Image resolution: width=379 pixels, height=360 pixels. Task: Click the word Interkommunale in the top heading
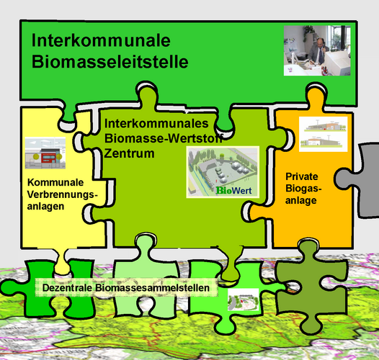[x=101, y=40]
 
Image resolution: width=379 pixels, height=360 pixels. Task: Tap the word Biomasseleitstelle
[x=110, y=61]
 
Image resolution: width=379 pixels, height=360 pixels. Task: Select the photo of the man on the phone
[x=317, y=50]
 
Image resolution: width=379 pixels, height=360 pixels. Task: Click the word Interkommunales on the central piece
[x=156, y=123]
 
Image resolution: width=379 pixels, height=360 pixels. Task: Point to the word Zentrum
[x=129, y=153]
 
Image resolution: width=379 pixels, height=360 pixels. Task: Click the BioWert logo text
[x=233, y=190]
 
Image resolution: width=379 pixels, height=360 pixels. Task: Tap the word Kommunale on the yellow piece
[x=55, y=182]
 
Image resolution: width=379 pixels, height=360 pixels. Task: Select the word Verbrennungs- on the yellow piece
[x=63, y=194]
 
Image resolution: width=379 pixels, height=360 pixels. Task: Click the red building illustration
[x=45, y=153]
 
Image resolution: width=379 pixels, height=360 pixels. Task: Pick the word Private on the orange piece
[x=302, y=176]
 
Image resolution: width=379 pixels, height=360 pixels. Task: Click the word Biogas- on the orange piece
[x=303, y=188]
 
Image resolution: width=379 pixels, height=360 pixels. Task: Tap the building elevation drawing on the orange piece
[x=324, y=134]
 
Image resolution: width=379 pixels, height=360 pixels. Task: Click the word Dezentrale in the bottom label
[x=67, y=288]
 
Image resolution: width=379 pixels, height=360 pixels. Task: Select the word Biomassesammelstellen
[x=152, y=288]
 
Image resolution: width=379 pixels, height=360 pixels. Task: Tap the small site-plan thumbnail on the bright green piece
[x=243, y=300]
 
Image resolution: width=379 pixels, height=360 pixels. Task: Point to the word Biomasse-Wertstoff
[x=164, y=138]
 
